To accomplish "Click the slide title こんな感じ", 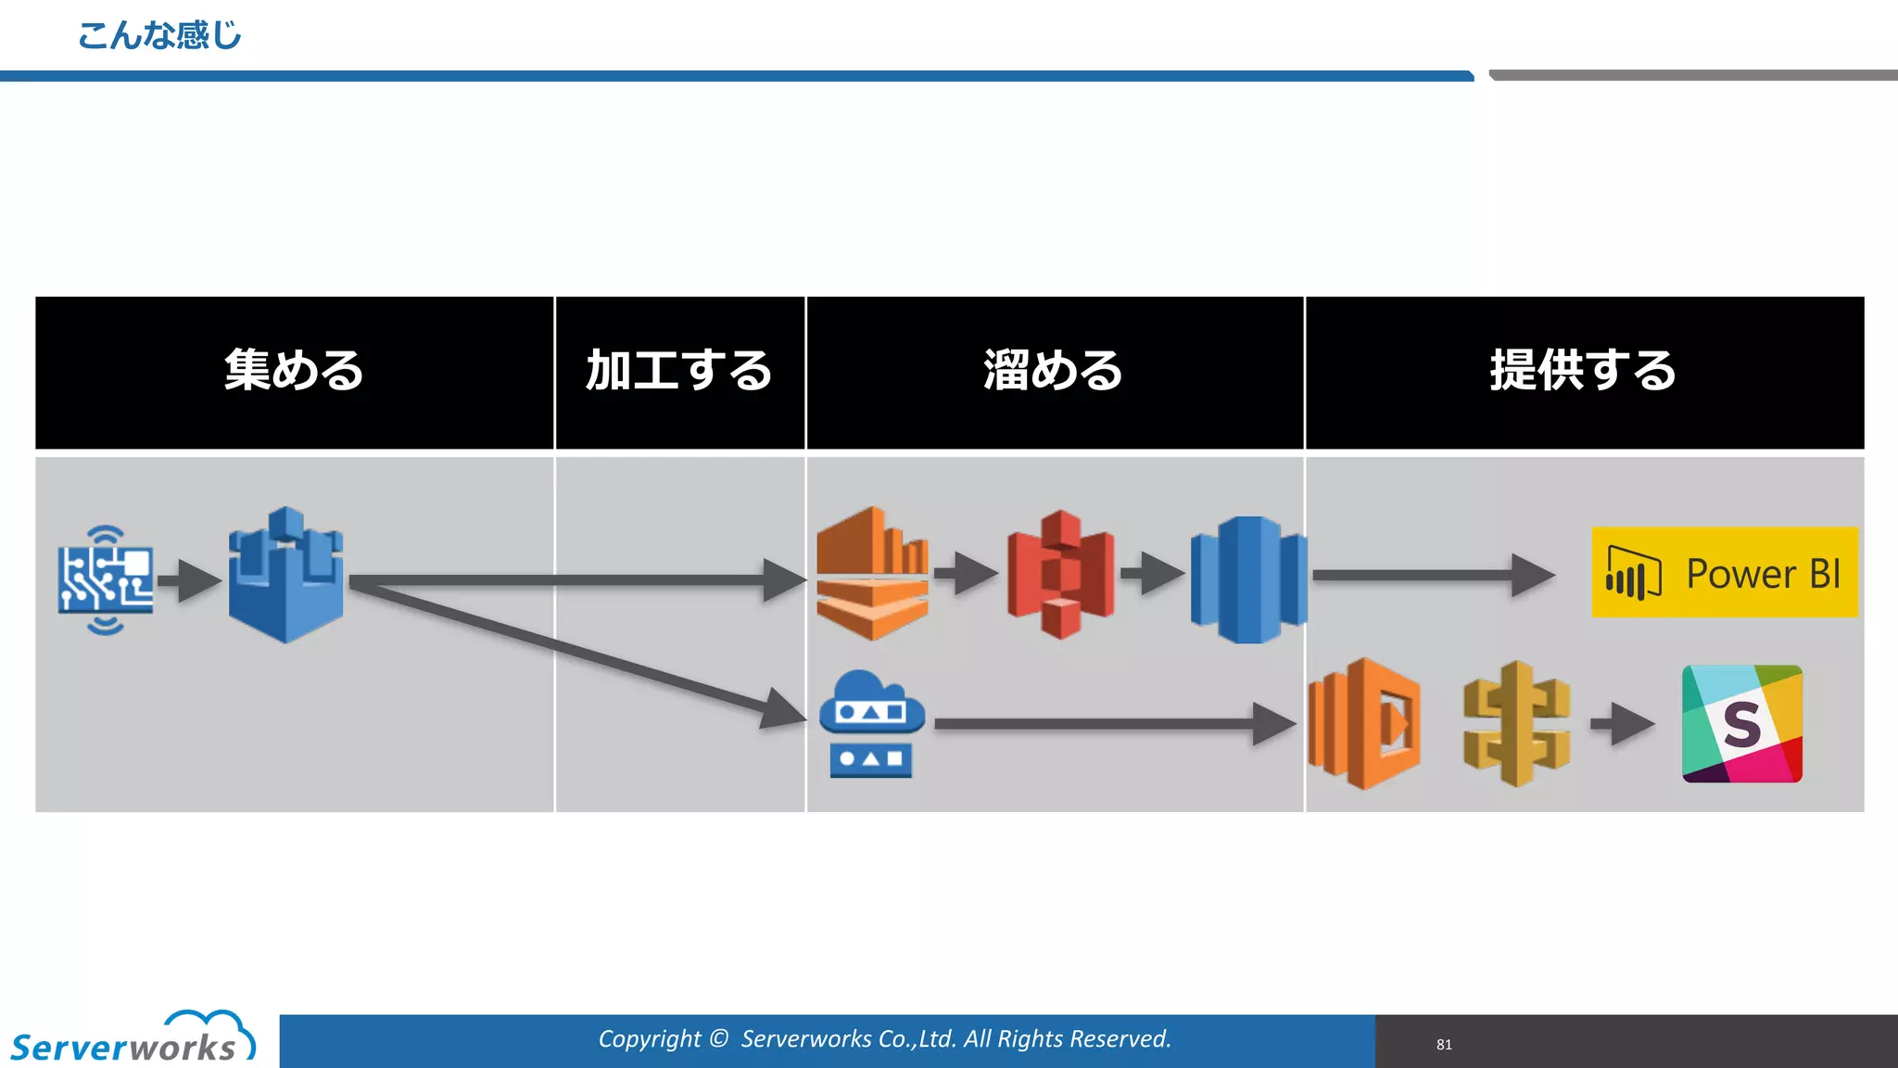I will pos(159,36).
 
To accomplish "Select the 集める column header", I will pos(294,372).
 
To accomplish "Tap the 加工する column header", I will pos(679,372).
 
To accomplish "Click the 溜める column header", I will pos(1054,372).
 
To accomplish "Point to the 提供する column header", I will pos(1583,372).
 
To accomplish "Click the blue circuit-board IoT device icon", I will pos(106,580).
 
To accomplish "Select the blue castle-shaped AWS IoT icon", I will pos(285,576).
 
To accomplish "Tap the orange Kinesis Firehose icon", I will pos(872,574).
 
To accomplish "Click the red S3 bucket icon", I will pos(1060,574).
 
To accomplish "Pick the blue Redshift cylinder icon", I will pos(1248,579).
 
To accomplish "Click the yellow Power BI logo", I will pos(1724,572).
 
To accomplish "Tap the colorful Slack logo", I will pos(1741,723).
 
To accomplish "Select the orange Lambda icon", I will pos(1364,723).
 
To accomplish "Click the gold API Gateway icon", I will pos(1516,723).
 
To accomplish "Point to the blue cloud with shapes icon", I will pos(871,723).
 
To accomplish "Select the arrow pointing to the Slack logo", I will pos(1622,724).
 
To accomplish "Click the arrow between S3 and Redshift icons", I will pos(1152,574).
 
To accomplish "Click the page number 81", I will pos(1444,1045).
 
